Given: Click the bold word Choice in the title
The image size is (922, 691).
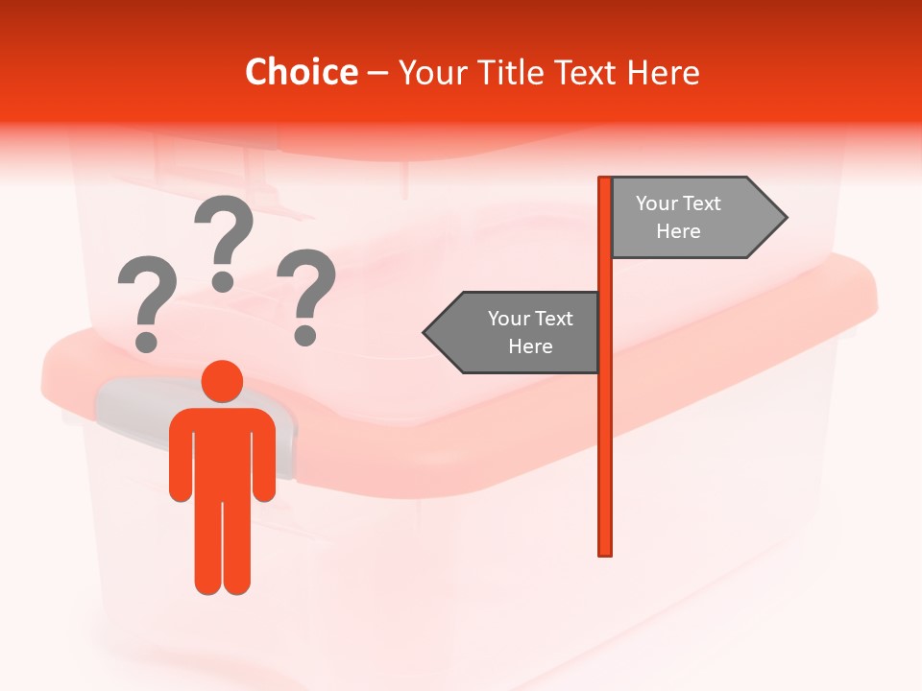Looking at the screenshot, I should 301,72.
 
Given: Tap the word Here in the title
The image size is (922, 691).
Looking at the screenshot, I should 663,72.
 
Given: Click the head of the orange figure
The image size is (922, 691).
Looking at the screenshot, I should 222,381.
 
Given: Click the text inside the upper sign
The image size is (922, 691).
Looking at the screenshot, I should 678,217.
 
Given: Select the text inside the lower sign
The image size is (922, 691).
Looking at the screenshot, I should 530,332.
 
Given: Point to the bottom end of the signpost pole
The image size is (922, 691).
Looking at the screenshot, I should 605,551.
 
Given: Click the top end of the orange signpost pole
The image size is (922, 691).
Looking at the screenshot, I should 605,180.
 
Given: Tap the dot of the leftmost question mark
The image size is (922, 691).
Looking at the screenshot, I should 146,340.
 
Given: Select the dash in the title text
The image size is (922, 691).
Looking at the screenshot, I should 377,73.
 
